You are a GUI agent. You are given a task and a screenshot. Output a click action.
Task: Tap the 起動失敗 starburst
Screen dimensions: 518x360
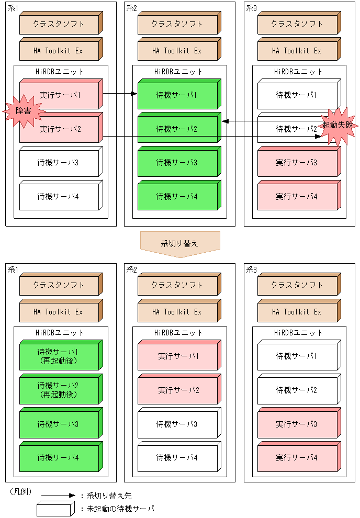[337, 126]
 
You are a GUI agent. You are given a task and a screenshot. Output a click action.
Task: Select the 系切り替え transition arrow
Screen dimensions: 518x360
[179, 244]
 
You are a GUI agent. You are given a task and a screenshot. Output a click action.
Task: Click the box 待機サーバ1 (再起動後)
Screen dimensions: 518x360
[59, 356]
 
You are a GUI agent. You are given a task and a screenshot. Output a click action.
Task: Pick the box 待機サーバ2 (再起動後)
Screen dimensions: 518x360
[59, 390]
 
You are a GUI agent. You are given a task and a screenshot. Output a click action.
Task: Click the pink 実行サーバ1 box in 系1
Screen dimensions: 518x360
[60, 95]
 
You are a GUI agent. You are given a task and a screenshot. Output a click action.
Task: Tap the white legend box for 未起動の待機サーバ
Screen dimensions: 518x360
[54, 509]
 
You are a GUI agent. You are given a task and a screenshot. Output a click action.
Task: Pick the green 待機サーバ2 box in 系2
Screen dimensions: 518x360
[178, 129]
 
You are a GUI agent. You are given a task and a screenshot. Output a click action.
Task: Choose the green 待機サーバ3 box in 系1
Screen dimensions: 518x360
[59, 424]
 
